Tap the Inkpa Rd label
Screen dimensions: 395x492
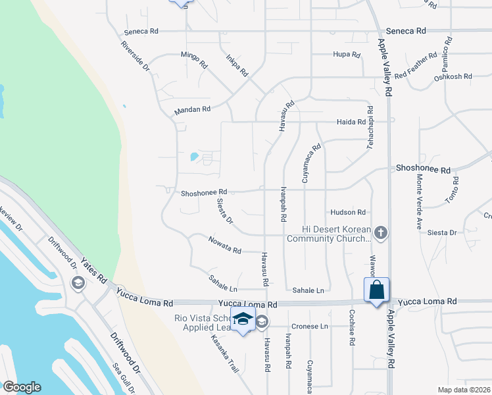pyautogui.click(x=236, y=64)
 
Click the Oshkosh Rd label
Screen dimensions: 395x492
pyautogui.click(x=453, y=76)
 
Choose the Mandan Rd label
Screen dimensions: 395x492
pyautogui.click(x=192, y=109)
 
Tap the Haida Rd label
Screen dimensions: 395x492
pyautogui.click(x=351, y=122)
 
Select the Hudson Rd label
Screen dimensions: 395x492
pyautogui.click(x=348, y=212)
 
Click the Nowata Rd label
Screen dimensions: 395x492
pyautogui.click(x=224, y=251)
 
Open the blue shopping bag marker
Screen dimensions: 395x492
pyautogui.click(x=377, y=290)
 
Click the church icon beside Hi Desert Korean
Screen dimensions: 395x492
pyautogui.click(x=381, y=233)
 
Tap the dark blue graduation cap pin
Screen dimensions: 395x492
pyautogui.click(x=243, y=319)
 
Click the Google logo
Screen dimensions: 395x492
pyautogui.click(x=22, y=387)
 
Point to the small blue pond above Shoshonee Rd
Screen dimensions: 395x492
pyautogui.click(x=195, y=157)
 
